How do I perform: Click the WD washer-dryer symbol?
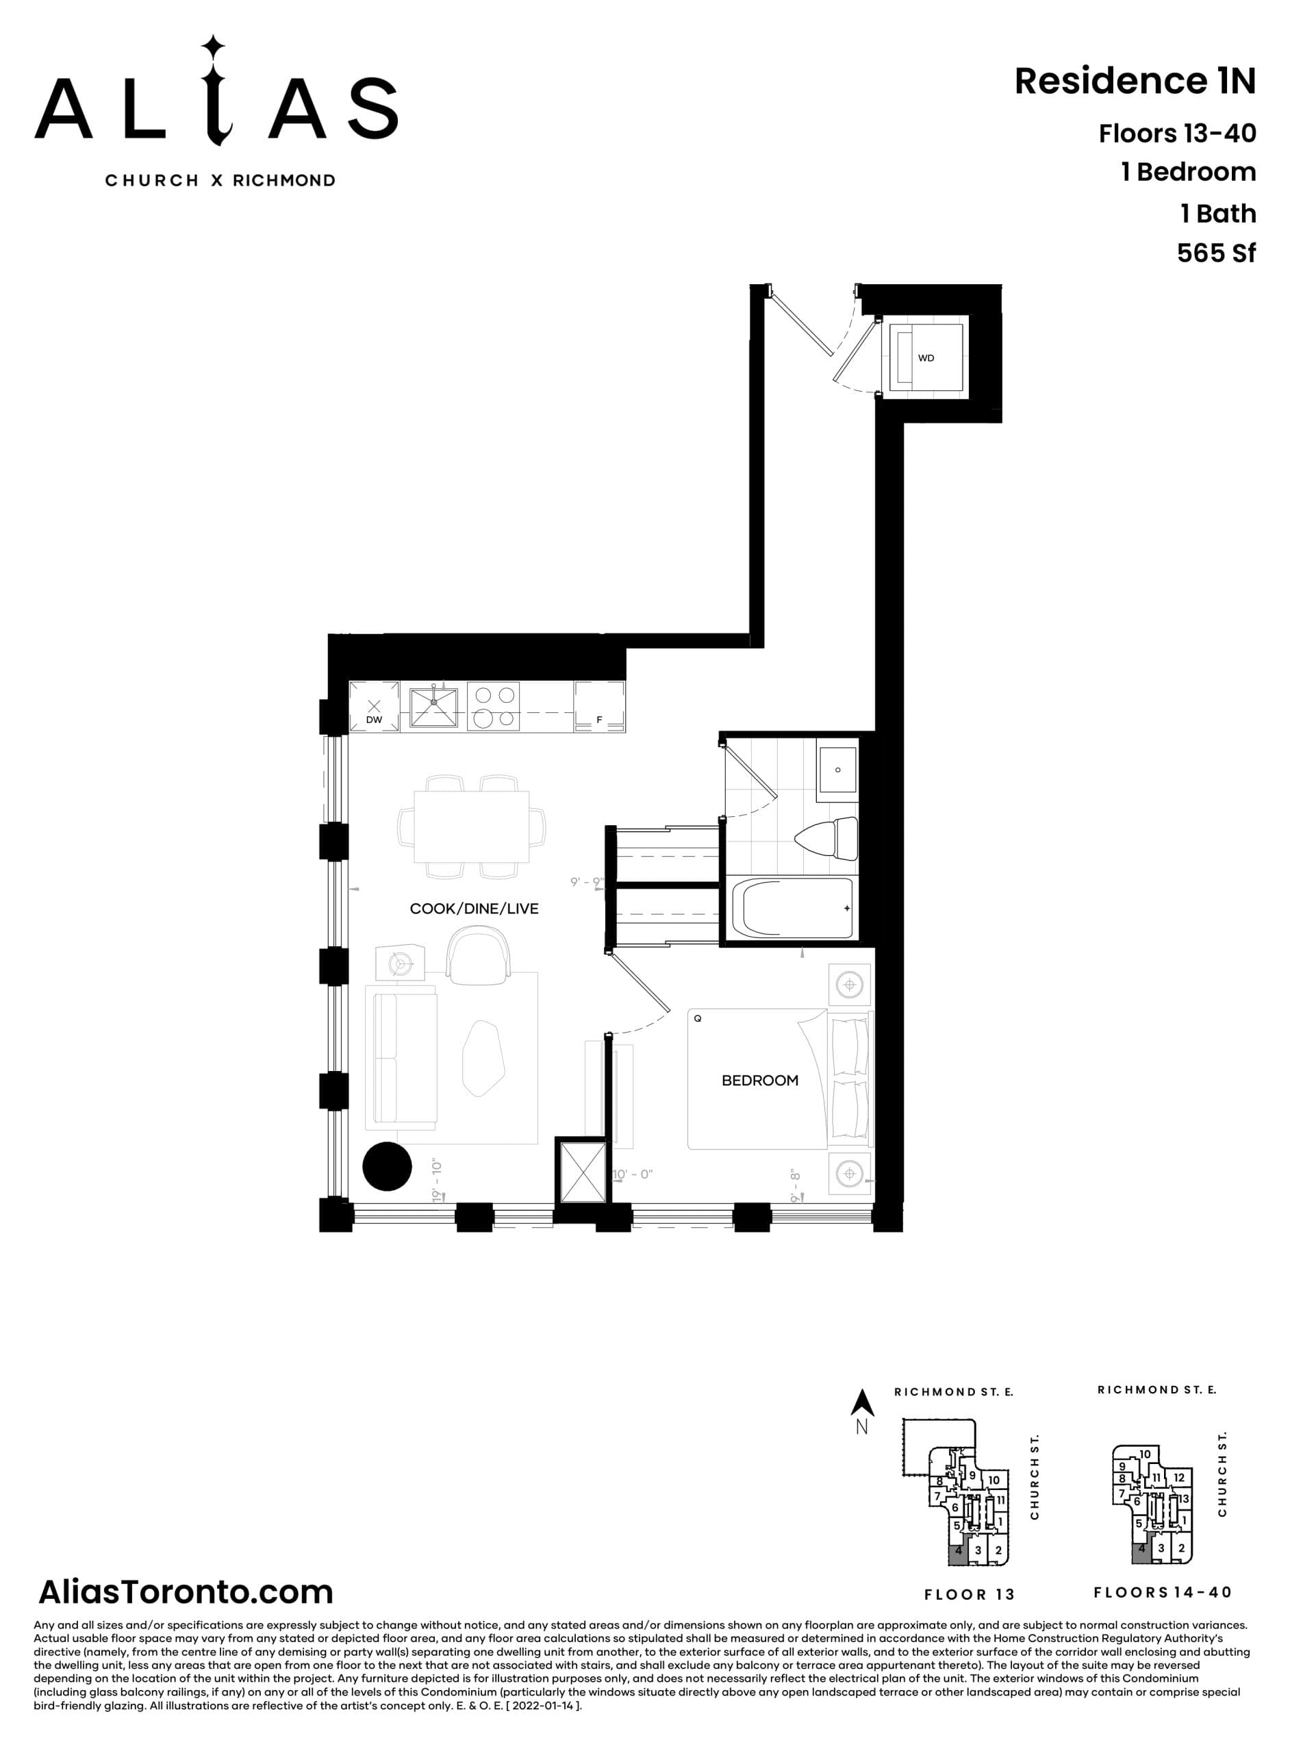click(926, 357)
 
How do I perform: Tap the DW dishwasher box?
click(374, 707)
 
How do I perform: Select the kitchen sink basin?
click(434, 706)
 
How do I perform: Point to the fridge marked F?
click(599, 707)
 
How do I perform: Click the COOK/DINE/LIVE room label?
click(474, 909)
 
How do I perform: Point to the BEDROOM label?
click(760, 1081)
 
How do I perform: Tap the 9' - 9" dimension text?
click(586, 883)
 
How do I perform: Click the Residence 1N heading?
click(1135, 81)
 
